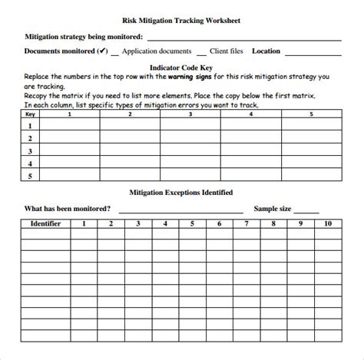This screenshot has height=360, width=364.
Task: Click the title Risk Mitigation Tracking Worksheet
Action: [181, 21]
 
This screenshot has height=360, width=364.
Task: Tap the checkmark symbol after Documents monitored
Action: [101, 51]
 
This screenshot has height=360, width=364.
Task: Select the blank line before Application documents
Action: [115, 54]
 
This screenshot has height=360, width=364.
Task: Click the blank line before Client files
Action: [201, 54]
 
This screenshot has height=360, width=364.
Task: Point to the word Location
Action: [266, 51]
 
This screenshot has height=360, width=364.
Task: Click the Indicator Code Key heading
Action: [181, 68]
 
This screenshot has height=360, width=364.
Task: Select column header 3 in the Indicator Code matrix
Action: [190, 114]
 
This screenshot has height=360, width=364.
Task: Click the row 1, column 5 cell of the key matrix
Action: [311, 126]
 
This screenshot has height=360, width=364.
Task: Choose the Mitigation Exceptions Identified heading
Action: [181, 192]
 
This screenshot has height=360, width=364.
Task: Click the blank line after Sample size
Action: [306, 210]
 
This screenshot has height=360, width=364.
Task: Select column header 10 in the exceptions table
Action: [328, 224]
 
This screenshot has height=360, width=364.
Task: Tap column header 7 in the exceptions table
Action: [246, 224]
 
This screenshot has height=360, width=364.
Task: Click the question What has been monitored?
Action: [68, 208]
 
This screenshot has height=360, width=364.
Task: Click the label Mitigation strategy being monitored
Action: [84, 36]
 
